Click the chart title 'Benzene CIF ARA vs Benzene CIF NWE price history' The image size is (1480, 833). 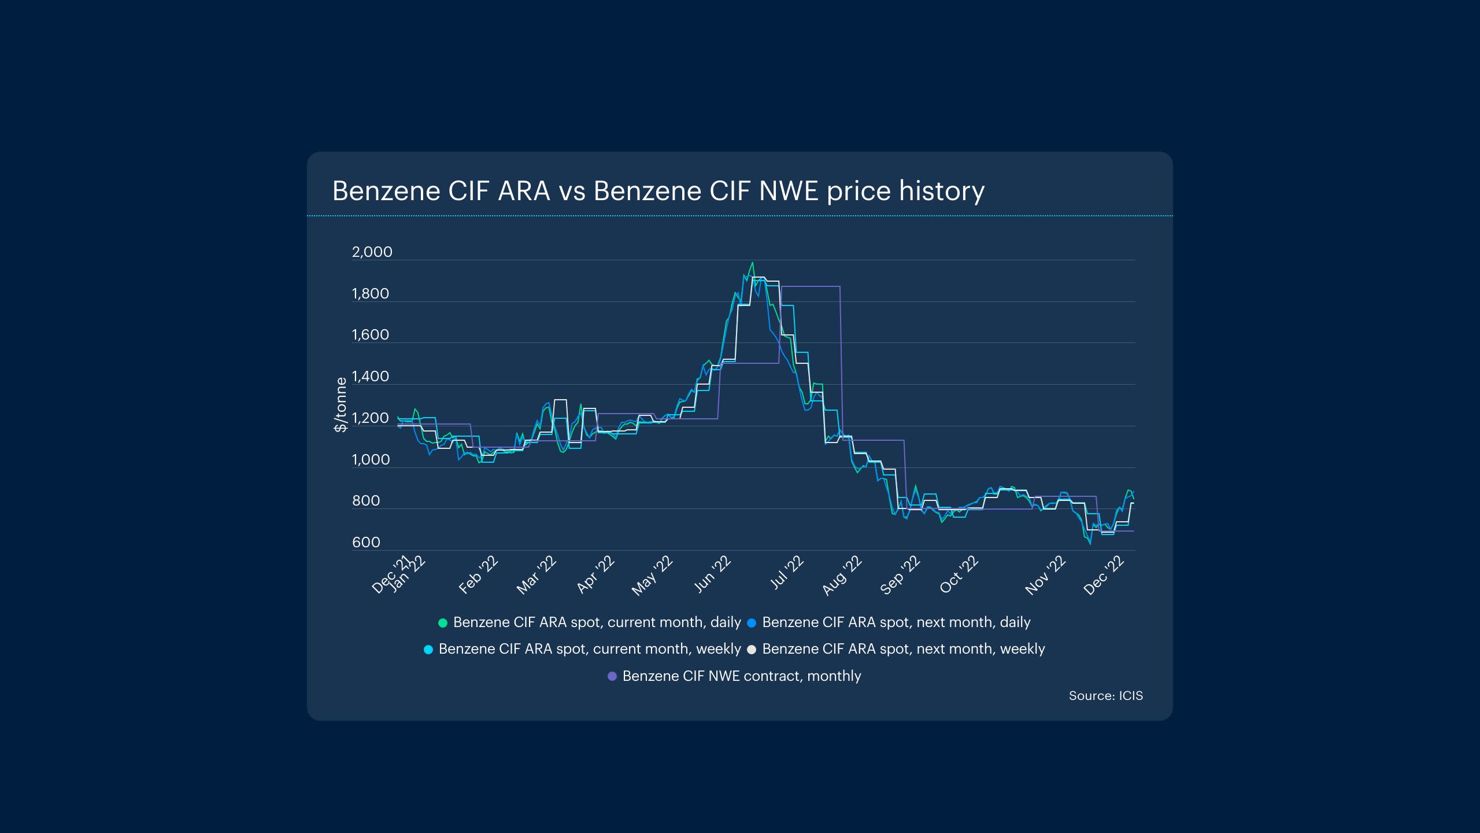658,191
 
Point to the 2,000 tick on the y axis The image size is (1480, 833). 372,252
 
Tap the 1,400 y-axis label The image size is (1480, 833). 370,377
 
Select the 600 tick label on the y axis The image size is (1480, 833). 366,543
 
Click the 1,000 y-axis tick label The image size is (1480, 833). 371,460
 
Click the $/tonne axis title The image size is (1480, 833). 341,404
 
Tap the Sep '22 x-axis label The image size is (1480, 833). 900,576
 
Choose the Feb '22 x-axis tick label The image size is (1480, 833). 478,576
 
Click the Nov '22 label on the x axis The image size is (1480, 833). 1045,576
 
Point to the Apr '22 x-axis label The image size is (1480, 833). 595,575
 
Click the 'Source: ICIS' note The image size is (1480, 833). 1105,696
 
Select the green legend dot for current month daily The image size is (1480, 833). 443,623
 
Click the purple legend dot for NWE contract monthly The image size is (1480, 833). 612,676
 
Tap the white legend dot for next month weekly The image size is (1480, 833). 752,650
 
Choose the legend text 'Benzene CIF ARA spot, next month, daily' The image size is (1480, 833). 896,622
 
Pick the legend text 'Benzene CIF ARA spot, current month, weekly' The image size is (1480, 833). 590,649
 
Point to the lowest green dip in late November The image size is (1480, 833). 1090,544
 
